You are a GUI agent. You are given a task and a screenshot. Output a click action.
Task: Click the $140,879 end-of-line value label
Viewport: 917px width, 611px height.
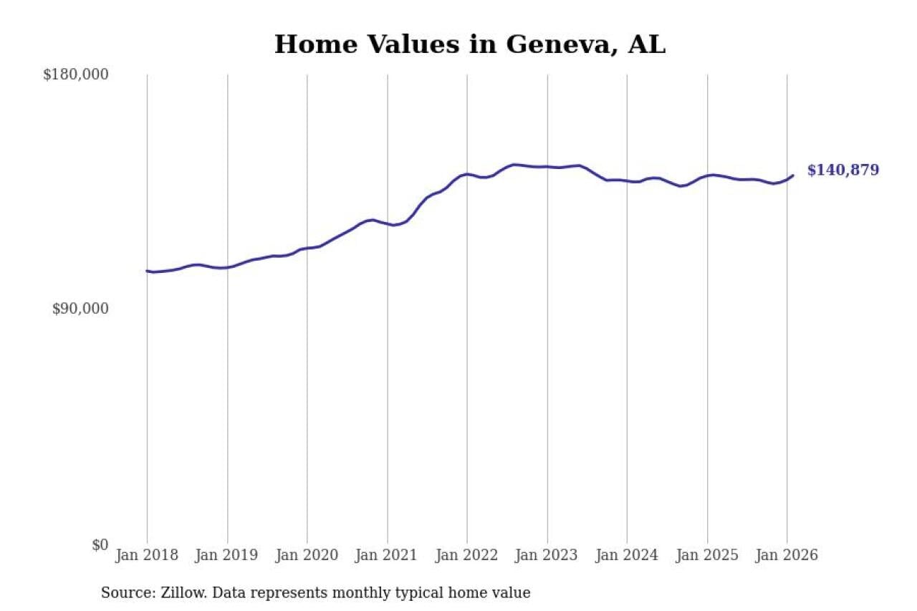click(x=842, y=170)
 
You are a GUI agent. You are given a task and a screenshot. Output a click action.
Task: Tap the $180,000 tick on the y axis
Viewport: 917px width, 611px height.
click(x=75, y=74)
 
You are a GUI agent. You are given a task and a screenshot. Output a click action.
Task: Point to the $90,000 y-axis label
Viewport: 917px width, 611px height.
click(x=80, y=309)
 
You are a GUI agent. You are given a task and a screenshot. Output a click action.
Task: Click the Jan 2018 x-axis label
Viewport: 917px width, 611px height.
click(x=147, y=556)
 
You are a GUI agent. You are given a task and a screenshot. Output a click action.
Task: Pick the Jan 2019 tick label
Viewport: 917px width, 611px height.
click(x=227, y=556)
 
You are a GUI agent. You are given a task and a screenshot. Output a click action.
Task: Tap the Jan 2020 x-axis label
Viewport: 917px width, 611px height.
click(x=307, y=556)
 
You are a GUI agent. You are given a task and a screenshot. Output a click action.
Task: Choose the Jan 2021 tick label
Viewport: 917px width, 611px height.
click(x=388, y=556)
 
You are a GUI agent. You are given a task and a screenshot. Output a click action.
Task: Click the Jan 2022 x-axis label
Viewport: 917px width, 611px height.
click(x=467, y=556)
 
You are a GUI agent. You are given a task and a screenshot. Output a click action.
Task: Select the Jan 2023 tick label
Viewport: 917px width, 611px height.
click(x=547, y=556)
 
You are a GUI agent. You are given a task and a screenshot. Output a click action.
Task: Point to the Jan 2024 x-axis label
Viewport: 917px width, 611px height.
click(x=627, y=556)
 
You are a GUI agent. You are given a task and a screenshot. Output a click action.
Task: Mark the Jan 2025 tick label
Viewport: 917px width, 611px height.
click(x=707, y=556)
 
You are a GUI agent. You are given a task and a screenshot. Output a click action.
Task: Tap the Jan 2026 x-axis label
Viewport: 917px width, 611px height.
click(x=787, y=556)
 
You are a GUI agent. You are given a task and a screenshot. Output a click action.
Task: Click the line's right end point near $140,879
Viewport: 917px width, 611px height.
click(x=792, y=175)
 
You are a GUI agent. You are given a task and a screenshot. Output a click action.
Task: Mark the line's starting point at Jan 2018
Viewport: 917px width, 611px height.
click(x=147, y=271)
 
